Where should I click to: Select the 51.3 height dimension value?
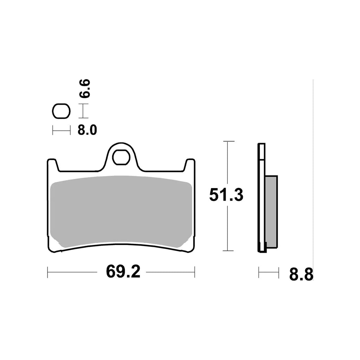pyautogui.click(x=226, y=195)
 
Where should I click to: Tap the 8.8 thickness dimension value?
pyautogui.click(x=301, y=274)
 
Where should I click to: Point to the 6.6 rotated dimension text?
pyautogui.click(x=85, y=89)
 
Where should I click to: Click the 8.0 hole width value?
pyautogui.click(x=86, y=130)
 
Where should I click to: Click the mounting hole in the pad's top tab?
pyautogui.click(x=120, y=157)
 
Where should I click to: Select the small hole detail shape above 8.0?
pyautogui.click(x=61, y=111)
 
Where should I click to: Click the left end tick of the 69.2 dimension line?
pyautogui.click(x=47, y=272)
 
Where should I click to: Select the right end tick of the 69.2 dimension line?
pyautogui.click(x=194, y=272)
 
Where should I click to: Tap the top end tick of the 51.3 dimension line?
pyautogui.click(x=229, y=141)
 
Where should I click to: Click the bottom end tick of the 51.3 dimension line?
pyautogui.click(x=229, y=251)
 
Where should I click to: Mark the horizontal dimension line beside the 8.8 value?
pyautogui.click(x=269, y=272)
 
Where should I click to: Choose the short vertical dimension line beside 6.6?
pyautogui.click(x=83, y=111)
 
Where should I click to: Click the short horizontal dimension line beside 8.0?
pyautogui.click(x=61, y=130)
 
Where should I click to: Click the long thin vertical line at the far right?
pyautogui.click(x=313, y=176)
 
